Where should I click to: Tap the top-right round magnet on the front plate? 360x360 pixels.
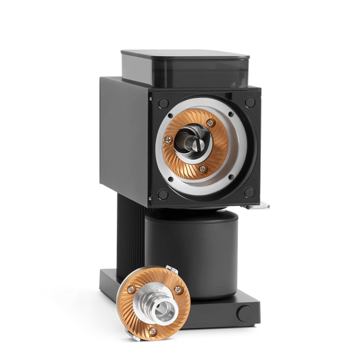(x=251, y=102)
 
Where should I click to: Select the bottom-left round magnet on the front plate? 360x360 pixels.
(x=162, y=195)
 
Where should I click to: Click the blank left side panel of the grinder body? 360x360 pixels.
(x=122, y=135)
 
